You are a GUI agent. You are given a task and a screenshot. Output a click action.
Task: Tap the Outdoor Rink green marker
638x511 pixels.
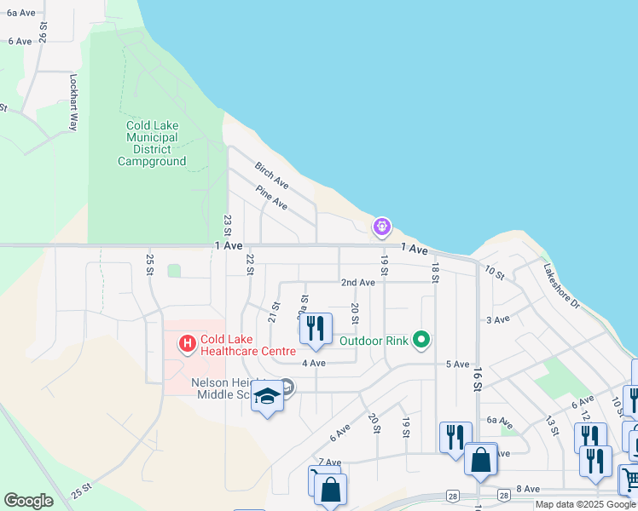420,341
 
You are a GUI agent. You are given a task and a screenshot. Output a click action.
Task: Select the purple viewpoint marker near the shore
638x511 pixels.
382,227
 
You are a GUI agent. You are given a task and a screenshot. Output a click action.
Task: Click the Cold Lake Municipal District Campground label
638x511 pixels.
152,143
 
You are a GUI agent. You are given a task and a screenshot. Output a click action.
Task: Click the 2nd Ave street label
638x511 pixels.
357,282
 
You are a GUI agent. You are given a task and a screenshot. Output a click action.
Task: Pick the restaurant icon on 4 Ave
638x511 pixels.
316,329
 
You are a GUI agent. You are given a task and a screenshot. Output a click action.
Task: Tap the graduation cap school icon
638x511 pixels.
267,396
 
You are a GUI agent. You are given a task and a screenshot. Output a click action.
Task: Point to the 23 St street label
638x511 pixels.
228,226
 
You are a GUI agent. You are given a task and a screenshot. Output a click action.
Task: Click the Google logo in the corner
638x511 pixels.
28,501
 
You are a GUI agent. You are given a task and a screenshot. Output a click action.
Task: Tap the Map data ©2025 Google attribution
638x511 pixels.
585,504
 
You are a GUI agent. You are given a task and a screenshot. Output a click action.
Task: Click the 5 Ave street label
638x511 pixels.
458,364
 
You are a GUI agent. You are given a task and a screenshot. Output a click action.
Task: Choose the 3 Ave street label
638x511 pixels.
497,319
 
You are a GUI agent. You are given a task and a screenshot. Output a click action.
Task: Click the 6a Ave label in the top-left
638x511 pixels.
20,13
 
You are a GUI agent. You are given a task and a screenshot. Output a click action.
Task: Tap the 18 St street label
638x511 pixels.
434,273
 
